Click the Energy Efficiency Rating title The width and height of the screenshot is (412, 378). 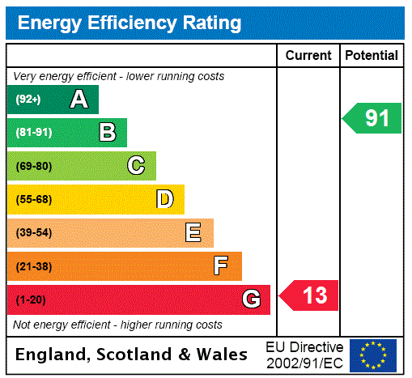[x=130, y=23]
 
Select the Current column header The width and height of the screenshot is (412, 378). [x=308, y=56]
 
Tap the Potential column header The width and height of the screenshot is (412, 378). [x=372, y=56]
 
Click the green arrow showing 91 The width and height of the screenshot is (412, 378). [x=373, y=118]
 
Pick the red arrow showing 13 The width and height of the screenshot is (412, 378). [x=310, y=295]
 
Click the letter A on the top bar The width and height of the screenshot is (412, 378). [x=79, y=100]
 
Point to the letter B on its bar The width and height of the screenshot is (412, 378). [x=107, y=133]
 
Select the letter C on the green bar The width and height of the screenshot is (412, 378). [x=136, y=166]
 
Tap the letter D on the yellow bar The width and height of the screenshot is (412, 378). [x=164, y=199]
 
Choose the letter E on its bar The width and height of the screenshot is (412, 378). [x=193, y=233]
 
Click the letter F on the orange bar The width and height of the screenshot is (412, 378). [x=221, y=266]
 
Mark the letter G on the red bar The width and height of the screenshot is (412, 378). [x=251, y=299]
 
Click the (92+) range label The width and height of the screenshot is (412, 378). [x=28, y=100]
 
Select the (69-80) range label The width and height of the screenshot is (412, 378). [x=33, y=166]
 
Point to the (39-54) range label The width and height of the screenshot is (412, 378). [x=33, y=233]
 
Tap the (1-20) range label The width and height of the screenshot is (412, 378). [x=31, y=299]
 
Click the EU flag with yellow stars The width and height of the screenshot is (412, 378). [x=373, y=355]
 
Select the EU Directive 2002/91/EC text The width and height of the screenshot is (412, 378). [x=304, y=355]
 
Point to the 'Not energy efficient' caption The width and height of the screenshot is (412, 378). [x=117, y=325]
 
